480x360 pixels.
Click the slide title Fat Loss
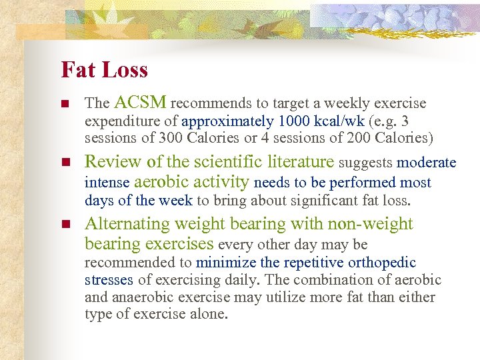point(104,70)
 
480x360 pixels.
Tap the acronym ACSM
point(140,103)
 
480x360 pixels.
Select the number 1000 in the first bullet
point(294,121)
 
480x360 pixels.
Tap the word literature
point(301,162)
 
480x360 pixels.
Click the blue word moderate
point(426,163)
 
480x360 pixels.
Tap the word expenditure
point(118,121)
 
